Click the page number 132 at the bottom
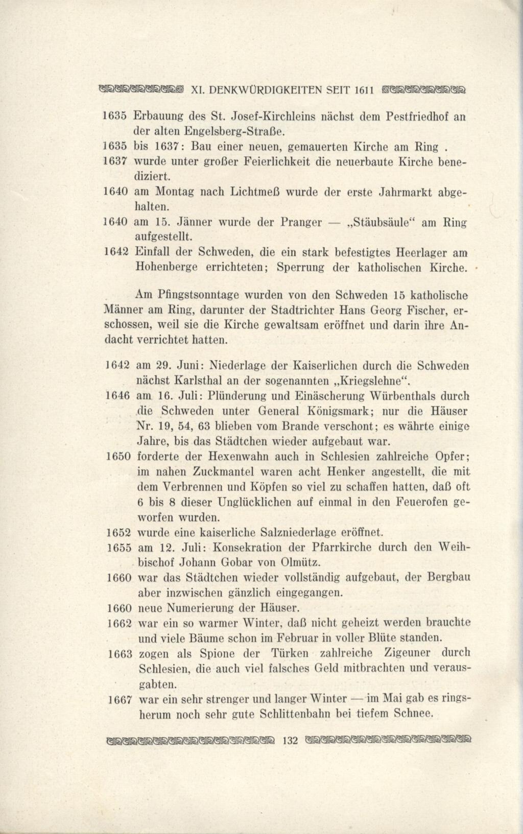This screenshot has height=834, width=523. click(289, 740)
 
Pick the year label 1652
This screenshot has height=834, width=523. click(119, 533)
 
